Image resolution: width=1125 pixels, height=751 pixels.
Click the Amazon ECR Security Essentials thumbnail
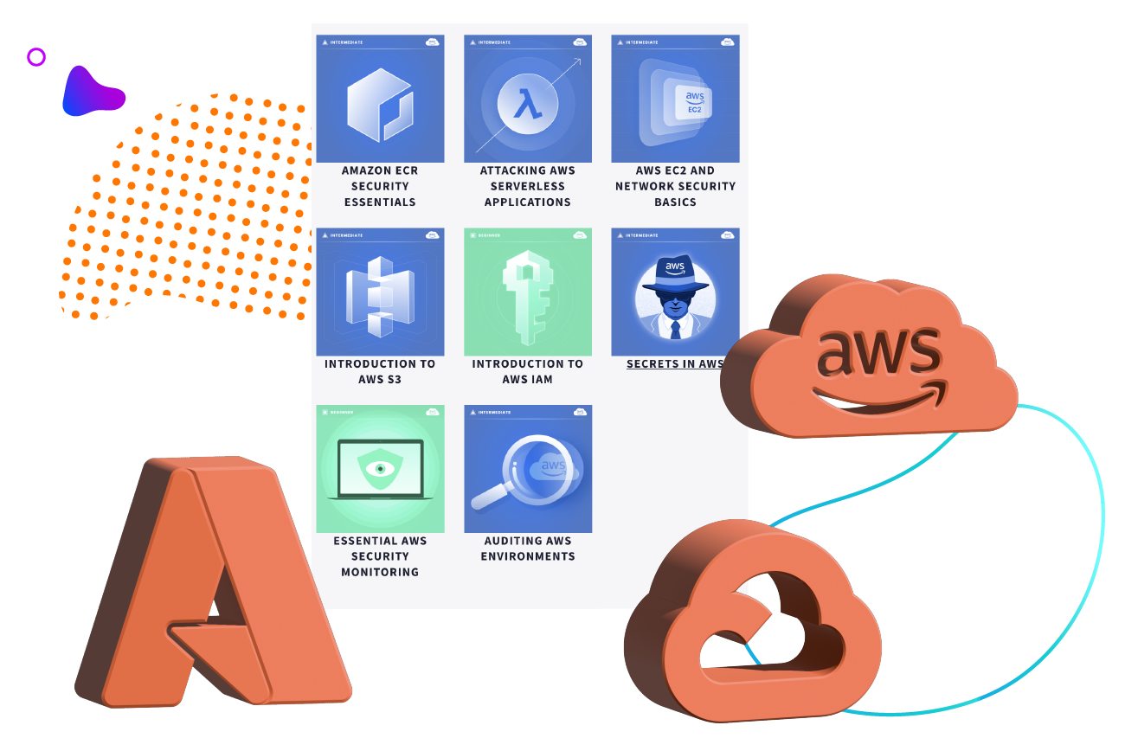coord(380,99)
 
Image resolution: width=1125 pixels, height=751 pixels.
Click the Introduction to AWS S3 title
coord(380,371)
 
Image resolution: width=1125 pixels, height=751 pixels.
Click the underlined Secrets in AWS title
coord(675,363)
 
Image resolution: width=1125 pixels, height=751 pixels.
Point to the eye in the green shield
coord(380,469)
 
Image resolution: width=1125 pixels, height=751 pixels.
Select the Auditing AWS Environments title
coord(528,549)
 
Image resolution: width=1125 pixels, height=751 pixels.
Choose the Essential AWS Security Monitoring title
coord(380,556)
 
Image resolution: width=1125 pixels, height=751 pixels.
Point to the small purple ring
coord(36,57)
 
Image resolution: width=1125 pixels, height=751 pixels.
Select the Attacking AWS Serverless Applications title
coord(528,186)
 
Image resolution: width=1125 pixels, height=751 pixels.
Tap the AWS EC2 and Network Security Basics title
coord(675,186)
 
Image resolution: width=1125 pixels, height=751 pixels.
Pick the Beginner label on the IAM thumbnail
coord(490,234)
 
